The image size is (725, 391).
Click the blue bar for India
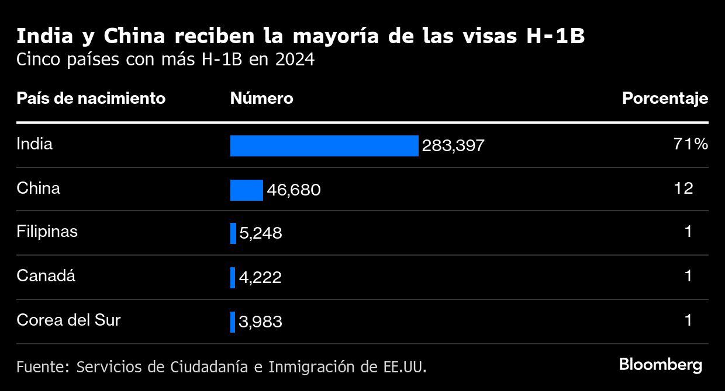click(x=324, y=146)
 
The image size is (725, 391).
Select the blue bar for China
click(x=246, y=190)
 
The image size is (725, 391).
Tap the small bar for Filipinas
click(x=233, y=233)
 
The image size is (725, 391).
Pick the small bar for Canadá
click(x=233, y=278)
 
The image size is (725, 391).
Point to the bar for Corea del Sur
click(x=233, y=322)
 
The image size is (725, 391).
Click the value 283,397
click(x=453, y=146)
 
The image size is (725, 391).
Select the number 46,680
click(x=294, y=190)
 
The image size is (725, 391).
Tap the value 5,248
click(x=261, y=233)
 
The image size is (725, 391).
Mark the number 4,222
click(x=260, y=278)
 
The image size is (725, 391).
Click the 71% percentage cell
click(x=691, y=144)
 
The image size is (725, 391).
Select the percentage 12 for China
click(x=683, y=188)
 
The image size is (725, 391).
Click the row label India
click(x=34, y=144)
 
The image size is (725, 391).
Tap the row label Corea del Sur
click(x=68, y=320)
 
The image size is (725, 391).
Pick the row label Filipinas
click(x=47, y=232)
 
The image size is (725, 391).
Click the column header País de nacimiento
click(x=91, y=99)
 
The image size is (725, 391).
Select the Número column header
click(x=261, y=99)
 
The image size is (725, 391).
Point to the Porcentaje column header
click(x=665, y=99)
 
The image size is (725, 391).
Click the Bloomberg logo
click(x=661, y=365)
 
